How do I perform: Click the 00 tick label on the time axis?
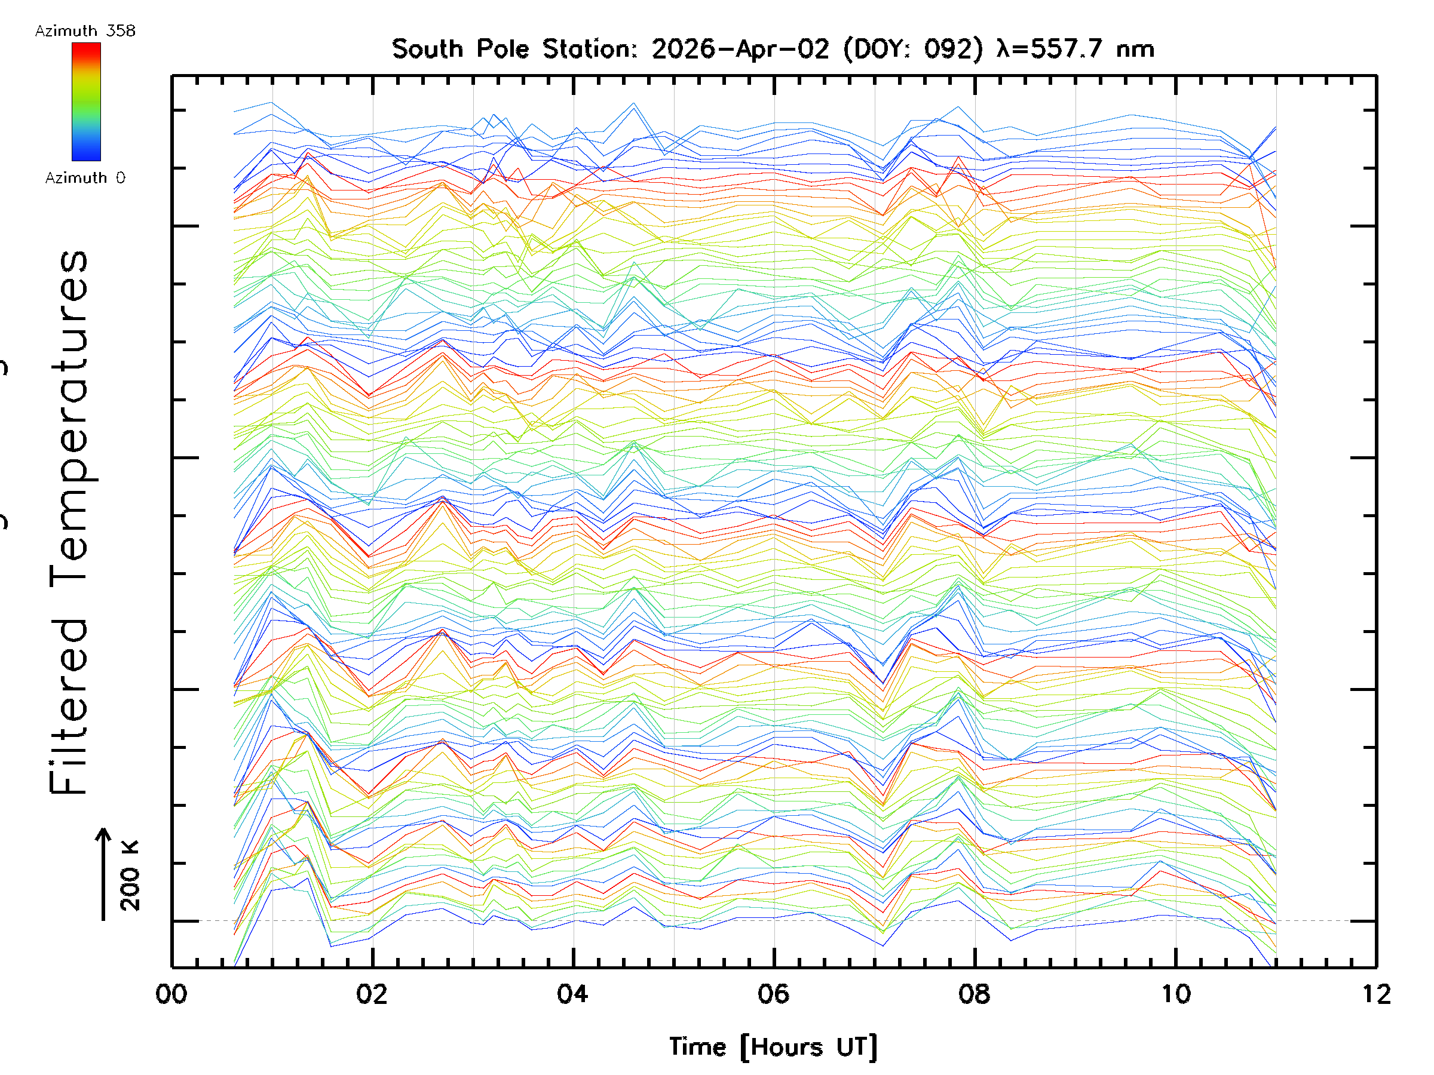click(171, 994)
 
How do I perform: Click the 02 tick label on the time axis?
click(372, 994)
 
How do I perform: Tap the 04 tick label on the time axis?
click(573, 994)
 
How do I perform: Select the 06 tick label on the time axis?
click(773, 994)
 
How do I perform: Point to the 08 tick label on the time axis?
click(975, 994)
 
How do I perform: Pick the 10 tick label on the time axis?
click(1175, 994)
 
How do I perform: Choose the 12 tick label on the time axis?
click(1375, 994)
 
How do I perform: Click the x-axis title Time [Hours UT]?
click(773, 1046)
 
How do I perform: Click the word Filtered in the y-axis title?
click(69, 707)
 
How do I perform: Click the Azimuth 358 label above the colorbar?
click(85, 31)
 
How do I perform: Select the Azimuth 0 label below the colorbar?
click(85, 177)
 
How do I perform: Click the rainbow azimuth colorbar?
click(86, 102)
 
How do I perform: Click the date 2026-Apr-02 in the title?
click(740, 49)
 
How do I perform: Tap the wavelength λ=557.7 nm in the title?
click(1075, 49)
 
